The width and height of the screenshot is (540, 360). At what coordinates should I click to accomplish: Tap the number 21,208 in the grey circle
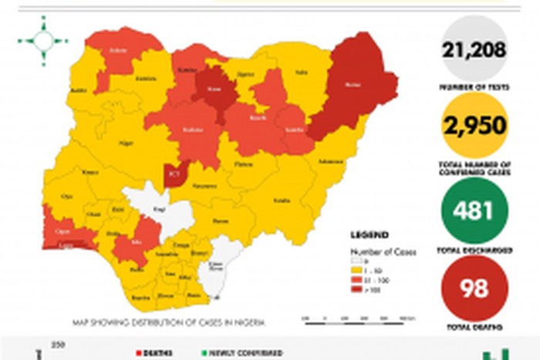[474, 51]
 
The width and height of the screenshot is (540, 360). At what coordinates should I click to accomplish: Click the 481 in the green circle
[474, 210]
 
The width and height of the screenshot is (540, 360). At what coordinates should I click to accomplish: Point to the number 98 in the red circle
[474, 288]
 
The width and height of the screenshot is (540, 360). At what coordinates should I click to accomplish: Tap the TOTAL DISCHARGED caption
[474, 252]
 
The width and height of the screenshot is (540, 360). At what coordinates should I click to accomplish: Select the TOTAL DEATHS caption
[474, 328]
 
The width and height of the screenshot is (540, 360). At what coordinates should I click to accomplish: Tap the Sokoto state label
[117, 51]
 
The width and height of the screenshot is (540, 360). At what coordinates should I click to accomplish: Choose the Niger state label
[125, 143]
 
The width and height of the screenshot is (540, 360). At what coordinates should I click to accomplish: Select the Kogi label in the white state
[159, 209]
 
